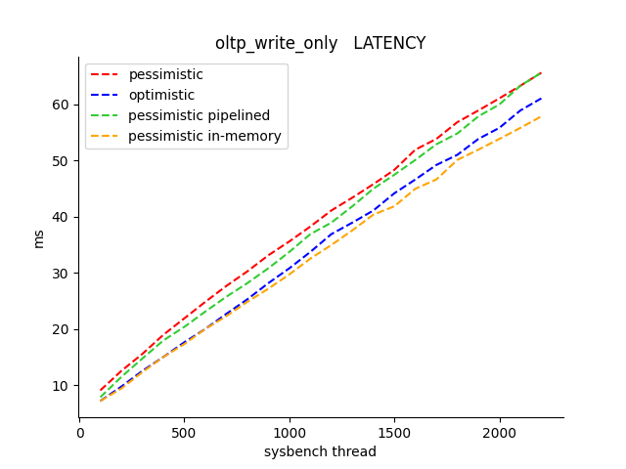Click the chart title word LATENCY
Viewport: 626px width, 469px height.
389,43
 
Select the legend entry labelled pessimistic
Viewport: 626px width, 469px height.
165,74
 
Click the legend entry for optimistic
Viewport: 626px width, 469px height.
161,95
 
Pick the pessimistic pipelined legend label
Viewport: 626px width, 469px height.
199,115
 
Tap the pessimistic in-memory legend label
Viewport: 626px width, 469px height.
204,136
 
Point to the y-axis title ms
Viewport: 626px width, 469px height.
39,238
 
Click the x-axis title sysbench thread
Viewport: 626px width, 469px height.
320,451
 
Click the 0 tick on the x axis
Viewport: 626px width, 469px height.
80,432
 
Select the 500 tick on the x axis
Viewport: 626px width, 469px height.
185,432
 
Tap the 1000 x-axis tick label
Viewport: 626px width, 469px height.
290,432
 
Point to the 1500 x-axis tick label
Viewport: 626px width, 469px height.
394,432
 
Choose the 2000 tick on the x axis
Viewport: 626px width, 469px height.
500,432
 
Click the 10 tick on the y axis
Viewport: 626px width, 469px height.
62,385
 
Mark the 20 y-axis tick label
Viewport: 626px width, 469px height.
62,329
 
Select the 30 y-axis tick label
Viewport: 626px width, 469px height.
62,273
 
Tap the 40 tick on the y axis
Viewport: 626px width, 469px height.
62,217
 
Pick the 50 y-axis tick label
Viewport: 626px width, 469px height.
62,160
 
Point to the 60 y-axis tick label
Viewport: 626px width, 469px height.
62,105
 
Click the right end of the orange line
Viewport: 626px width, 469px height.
541,116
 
